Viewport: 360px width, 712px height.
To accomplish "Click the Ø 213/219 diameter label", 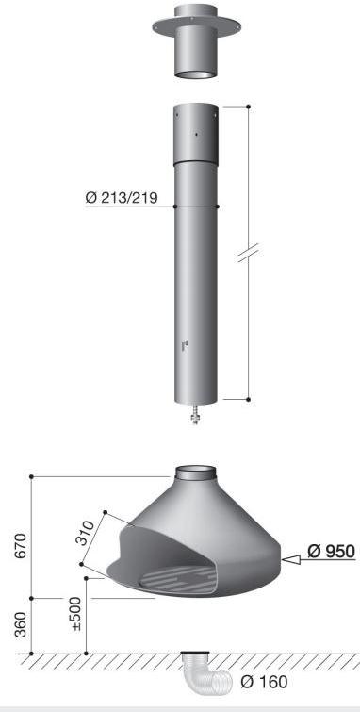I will click(x=120, y=198).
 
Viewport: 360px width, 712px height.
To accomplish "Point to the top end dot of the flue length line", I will click(x=248, y=107).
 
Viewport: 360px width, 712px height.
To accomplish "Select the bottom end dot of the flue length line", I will click(x=248, y=399).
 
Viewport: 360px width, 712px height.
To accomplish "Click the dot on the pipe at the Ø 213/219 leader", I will click(x=219, y=207).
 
